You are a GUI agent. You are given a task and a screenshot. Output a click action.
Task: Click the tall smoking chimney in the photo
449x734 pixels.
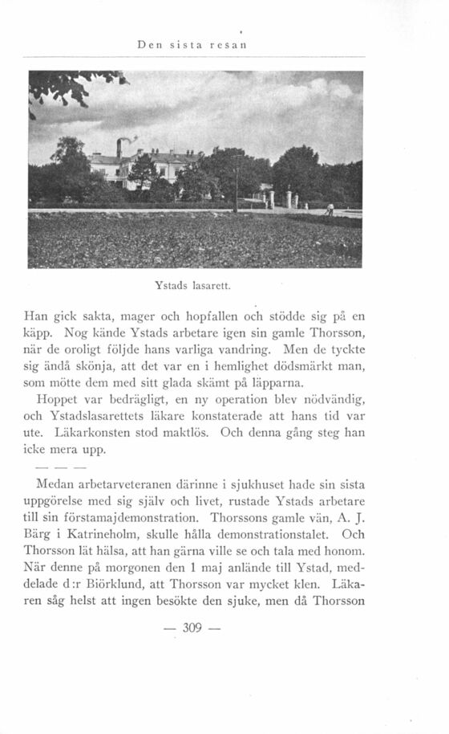[x=119, y=148]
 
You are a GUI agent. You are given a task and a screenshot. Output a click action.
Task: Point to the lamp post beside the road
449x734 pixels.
[x=235, y=185]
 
